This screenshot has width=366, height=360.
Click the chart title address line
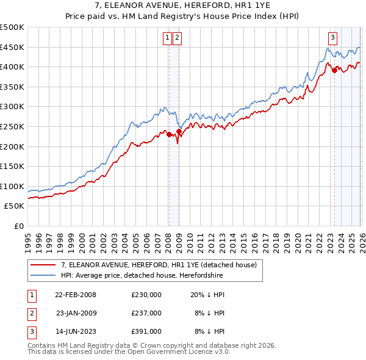[x=183, y=6]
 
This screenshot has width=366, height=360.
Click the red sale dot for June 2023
[x=334, y=70]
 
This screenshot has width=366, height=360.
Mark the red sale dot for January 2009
[x=179, y=131]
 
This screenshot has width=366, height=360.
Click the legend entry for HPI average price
[x=142, y=275]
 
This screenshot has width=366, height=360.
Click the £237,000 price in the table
[x=146, y=313]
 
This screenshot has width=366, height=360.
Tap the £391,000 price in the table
[x=146, y=331]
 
